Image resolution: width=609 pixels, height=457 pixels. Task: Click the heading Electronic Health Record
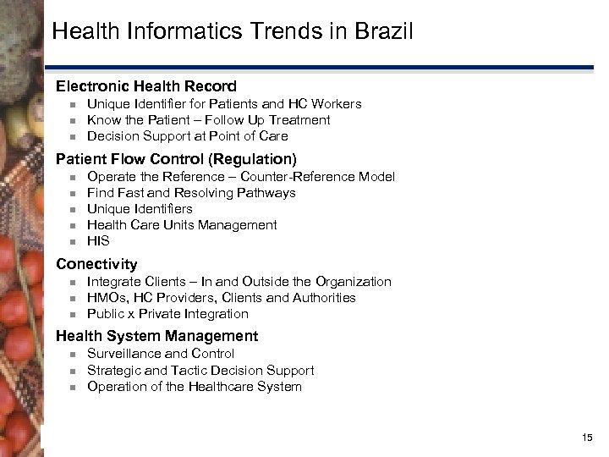pos(146,86)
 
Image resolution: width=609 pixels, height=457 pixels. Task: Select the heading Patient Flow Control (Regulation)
pos(176,159)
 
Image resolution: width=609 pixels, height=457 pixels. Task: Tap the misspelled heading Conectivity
pos(96,264)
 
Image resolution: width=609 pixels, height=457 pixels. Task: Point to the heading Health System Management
pos(156,336)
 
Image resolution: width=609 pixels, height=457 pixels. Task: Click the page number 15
pos(588,437)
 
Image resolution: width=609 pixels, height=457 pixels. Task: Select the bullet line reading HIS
pos(98,241)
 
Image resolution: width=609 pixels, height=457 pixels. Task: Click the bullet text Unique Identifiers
pos(140,209)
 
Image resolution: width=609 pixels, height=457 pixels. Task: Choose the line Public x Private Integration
pos(167,314)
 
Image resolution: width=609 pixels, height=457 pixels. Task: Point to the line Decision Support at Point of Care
pos(187,136)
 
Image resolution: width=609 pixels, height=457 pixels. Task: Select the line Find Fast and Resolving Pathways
pos(191,193)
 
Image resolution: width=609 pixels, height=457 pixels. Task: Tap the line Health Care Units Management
pos(182,225)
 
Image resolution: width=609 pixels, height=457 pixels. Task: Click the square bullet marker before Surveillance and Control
pos(73,354)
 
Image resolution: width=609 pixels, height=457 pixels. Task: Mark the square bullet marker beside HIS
pos(73,241)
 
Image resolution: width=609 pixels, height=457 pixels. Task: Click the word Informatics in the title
pos(168,33)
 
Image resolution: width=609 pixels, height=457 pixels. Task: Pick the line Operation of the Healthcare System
pos(194,387)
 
